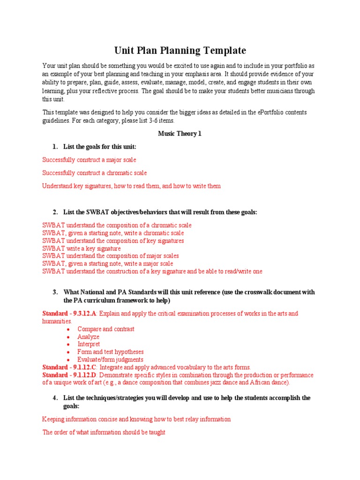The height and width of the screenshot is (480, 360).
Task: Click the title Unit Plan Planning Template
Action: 180,50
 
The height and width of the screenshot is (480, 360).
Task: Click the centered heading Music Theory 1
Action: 180,134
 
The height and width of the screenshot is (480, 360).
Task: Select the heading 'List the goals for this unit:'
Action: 100,147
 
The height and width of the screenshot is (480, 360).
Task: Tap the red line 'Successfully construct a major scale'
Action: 89,160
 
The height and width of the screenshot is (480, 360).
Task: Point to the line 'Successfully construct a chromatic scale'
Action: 94,173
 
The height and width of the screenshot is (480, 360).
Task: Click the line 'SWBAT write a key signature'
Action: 82,248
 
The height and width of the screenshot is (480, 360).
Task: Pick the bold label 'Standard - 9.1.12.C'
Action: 70,367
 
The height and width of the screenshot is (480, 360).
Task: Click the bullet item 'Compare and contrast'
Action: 106,329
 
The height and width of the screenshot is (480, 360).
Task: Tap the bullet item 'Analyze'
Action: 89,337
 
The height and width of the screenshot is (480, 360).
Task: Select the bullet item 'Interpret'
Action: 89,344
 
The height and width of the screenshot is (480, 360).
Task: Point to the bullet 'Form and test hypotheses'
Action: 111,352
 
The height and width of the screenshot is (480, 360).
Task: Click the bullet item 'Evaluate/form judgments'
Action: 111,360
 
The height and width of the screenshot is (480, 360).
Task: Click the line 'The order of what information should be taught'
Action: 104,433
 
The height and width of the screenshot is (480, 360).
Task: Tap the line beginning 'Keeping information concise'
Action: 136,419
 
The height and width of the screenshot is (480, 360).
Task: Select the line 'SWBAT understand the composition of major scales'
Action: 111,256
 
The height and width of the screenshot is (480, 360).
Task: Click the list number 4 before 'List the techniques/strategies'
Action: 55,398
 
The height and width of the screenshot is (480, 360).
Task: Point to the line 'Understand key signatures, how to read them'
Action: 131,186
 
